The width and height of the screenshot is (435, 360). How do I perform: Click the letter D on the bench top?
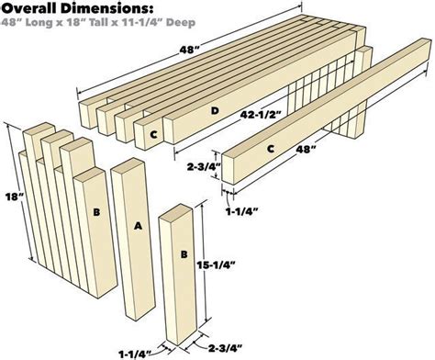(215, 112)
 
